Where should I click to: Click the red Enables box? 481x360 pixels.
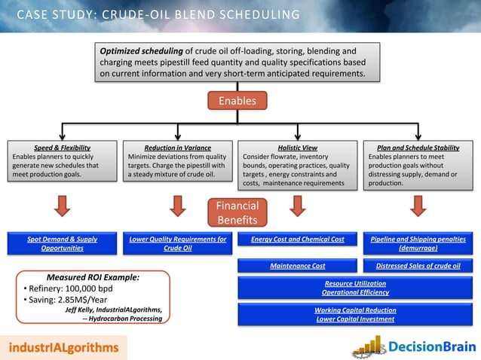pyautogui.click(x=237, y=101)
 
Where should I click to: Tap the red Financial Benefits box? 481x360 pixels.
pyautogui.click(x=237, y=212)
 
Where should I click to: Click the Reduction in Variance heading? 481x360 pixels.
pyautogui.click(x=177, y=148)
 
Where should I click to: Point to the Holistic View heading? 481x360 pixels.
pyautogui.click(x=297, y=148)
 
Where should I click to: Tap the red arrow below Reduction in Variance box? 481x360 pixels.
pyautogui.click(x=179, y=205)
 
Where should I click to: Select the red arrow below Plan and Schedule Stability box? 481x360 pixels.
pyautogui.click(x=417, y=205)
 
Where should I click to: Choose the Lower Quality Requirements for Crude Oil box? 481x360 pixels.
pyautogui.click(x=178, y=243)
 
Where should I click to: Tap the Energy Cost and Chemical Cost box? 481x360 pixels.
pyautogui.click(x=297, y=239)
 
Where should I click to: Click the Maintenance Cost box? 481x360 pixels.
pyautogui.click(x=297, y=266)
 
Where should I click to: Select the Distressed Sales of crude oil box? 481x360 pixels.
pyautogui.click(x=417, y=266)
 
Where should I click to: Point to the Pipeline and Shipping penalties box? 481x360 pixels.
pyautogui.click(x=417, y=243)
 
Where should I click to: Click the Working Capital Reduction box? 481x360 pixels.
pyautogui.click(x=354, y=314)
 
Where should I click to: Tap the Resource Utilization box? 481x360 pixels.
pyautogui.click(x=354, y=287)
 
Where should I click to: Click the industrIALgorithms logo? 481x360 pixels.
pyautogui.click(x=64, y=347)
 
